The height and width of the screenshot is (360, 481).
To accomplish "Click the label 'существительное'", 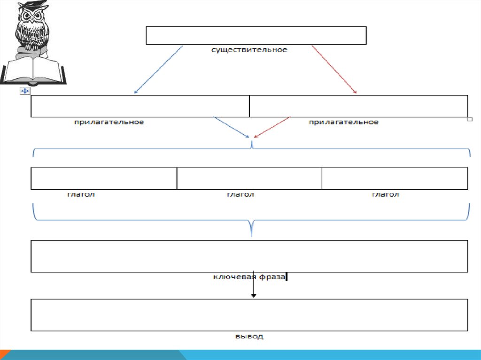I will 249,50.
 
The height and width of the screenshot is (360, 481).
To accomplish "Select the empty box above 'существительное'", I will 256,36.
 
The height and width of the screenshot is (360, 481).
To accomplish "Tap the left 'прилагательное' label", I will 109,122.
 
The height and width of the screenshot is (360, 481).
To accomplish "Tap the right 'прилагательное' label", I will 343,122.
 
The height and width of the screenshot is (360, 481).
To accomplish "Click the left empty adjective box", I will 140,106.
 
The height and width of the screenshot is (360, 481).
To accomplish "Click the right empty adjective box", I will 358,106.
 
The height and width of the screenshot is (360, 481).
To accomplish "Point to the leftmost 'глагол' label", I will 81,194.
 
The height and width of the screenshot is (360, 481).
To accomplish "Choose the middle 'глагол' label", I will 240,194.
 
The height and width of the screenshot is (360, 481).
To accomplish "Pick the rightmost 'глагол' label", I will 386,194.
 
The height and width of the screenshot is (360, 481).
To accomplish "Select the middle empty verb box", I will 249,178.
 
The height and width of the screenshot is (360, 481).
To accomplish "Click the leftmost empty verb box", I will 104,178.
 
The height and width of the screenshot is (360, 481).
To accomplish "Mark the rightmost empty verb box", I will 395,178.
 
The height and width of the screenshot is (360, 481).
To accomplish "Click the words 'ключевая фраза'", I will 249,277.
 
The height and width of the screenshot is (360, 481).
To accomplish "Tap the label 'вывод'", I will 249,337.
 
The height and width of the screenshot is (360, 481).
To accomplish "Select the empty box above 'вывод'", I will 249,315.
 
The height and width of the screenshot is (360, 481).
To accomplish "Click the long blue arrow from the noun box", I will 158,69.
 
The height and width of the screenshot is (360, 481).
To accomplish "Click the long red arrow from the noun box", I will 334,69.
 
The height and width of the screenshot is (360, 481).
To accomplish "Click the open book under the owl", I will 33,70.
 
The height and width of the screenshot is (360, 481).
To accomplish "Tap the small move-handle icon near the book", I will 25,91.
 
